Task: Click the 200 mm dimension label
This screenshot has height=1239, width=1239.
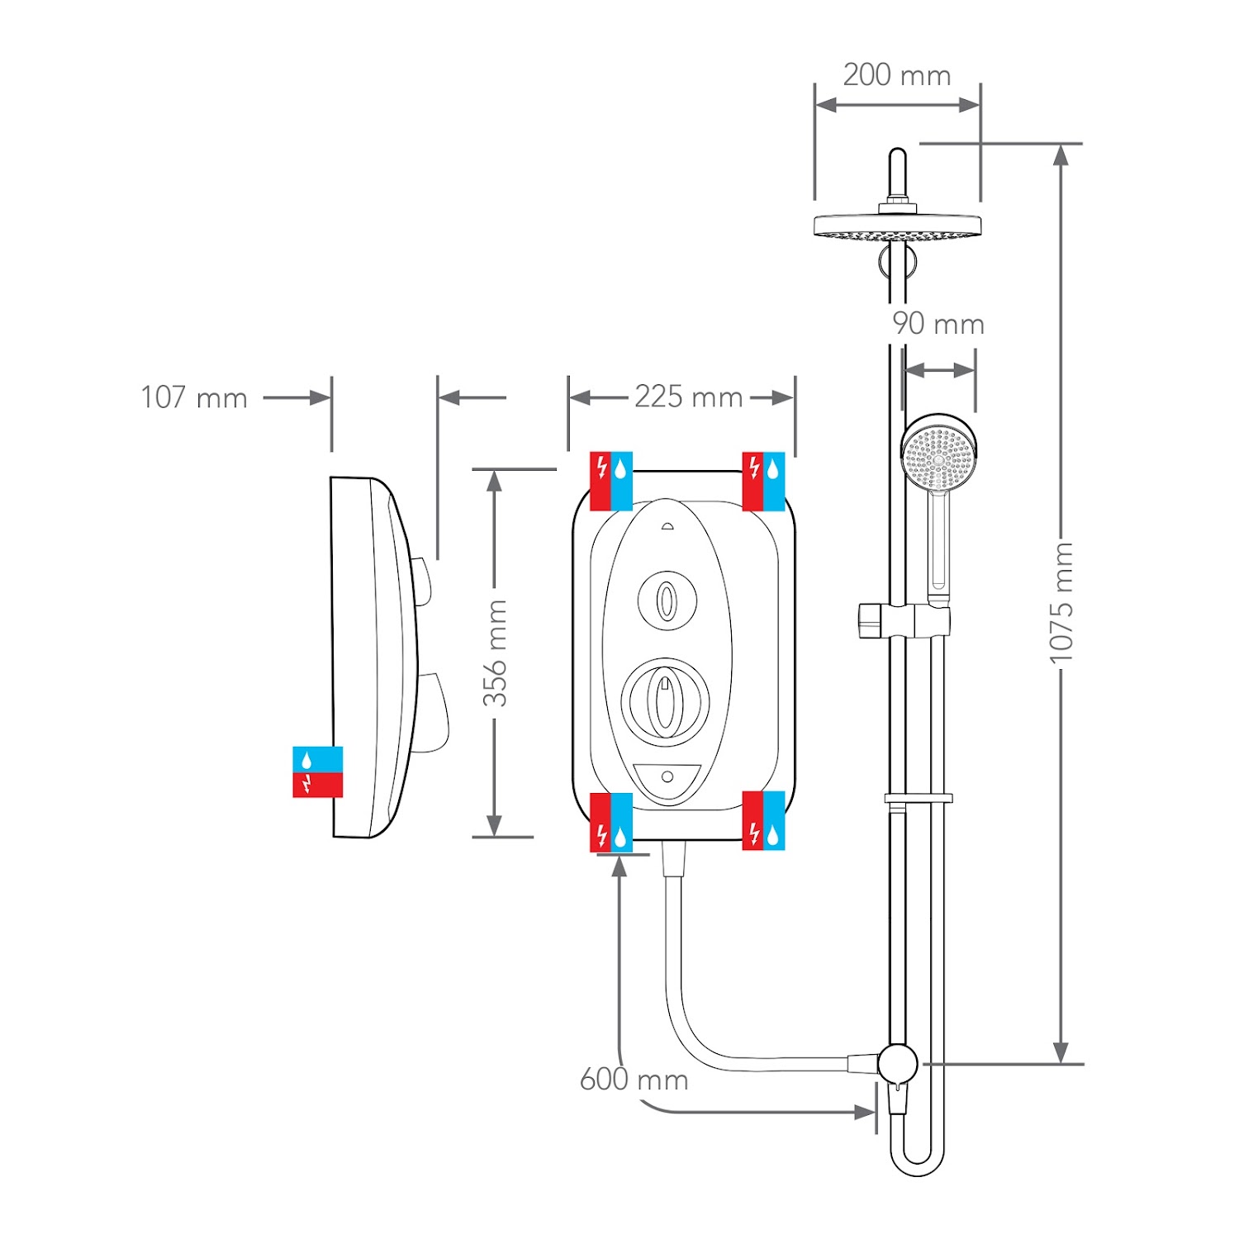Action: (896, 75)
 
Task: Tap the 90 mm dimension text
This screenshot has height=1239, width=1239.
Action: (938, 324)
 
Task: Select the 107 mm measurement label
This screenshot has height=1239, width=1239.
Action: (194, 397)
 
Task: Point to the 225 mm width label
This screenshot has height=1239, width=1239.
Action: (688, 397)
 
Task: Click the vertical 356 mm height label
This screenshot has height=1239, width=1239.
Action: (495, 653)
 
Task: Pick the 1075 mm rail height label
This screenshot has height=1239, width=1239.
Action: (1061, 603)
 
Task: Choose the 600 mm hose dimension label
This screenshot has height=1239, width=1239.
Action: (634, 1080)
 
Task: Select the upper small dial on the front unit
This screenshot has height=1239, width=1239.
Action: (667, 601)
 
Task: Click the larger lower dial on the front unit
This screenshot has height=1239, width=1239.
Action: (665, 698)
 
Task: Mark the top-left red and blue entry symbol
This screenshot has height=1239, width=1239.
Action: (611, 481)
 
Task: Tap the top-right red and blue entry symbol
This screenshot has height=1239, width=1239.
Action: (763, 481)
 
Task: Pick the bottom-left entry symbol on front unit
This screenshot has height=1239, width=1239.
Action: (611, 823)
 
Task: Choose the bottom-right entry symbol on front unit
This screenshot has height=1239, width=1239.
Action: (763, 821)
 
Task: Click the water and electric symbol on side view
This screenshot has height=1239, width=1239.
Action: (317, 771)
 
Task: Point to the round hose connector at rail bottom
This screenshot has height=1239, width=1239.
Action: (897, 1063)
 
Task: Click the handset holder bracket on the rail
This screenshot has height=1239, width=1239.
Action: (904, 620)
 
